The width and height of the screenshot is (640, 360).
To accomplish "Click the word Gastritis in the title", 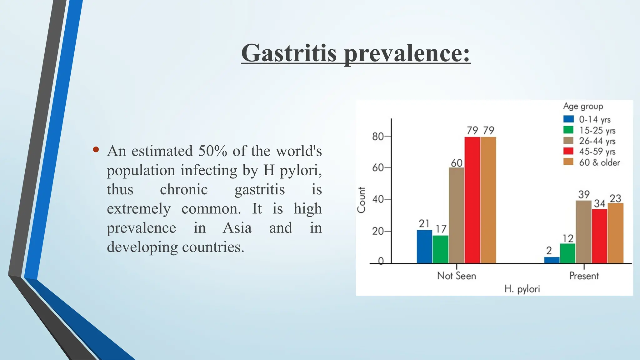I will point(289,53).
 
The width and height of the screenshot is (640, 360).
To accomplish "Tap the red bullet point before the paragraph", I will point(96,150).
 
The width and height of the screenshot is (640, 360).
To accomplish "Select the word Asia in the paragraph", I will point(237,228).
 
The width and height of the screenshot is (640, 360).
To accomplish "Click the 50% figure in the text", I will point(212,151).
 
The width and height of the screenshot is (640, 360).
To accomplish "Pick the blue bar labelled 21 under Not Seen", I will point(424,247).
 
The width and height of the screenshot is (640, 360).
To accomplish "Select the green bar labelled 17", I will point(440,249).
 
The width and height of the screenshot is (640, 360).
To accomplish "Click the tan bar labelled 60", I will point(456,216).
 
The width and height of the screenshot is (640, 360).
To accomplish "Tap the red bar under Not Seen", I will point(472,200).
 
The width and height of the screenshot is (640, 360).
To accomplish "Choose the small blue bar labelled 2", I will point(552,260).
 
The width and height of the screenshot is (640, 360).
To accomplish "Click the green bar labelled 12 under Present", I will point(567,253).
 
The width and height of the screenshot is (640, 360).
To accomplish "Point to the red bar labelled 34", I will point(599,236).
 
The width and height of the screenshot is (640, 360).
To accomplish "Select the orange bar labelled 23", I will point(615,233).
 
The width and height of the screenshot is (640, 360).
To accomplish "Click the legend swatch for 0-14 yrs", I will point(568,119).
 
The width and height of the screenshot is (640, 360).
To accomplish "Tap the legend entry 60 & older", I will point(599,162).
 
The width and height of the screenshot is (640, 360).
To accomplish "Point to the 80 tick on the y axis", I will point(378,137).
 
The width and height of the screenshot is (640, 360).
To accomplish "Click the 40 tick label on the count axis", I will point(378,199).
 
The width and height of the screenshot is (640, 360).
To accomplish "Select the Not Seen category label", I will point(456,276).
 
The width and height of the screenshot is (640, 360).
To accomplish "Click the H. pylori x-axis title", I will point(522,289).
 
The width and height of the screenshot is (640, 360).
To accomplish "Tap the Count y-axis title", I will point(361,200).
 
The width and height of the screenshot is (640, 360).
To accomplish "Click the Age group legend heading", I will point(583,107).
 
